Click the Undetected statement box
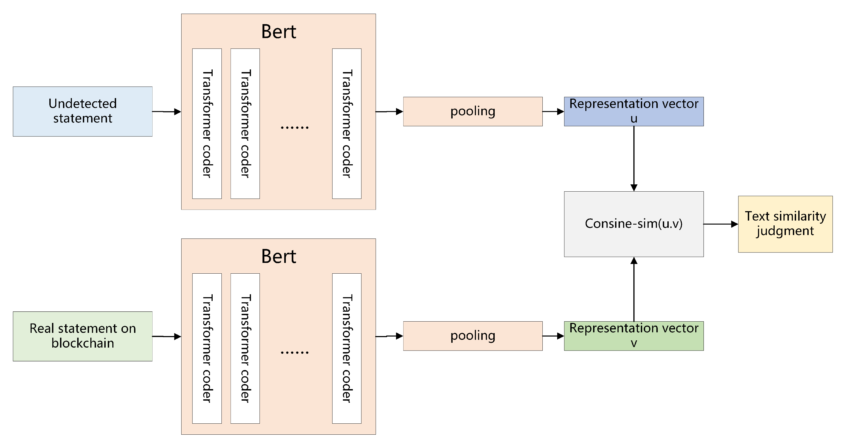click(x=83, y=111)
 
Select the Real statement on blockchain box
click(x=83, y=336)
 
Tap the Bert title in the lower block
click(x=279, y=256)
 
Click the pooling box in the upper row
click(x=472, y=111)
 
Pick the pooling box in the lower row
click(x=472, y=336)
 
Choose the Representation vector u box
click(x=634, y=111)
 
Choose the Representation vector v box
click(x=634, y=336)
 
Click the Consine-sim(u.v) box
click(x=634, y=224)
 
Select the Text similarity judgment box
click(x=785, y=224)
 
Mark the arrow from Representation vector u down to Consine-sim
click(x=634, y=159)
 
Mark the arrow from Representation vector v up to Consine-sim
click(x=634, y=289)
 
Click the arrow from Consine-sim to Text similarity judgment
click(x=721, y=224)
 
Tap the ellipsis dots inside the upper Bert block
click(x=294, y=127)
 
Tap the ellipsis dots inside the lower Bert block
click(x=294, y=352)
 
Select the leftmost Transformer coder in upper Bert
click(x=207, y=124)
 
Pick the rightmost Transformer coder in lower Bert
click(x=347, y=348)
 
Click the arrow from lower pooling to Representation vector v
click(x=553, y=336)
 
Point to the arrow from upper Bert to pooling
click(x=389, y=111)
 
